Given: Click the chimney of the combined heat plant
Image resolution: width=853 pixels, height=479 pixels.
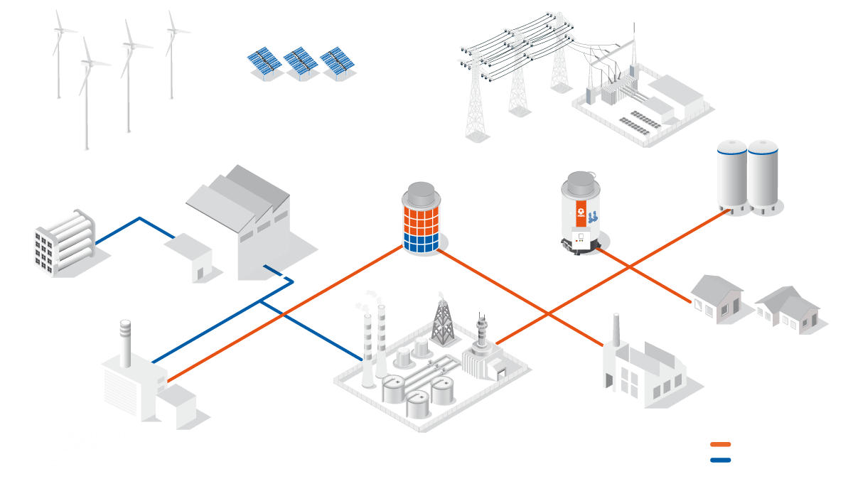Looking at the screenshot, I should point(125,342).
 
